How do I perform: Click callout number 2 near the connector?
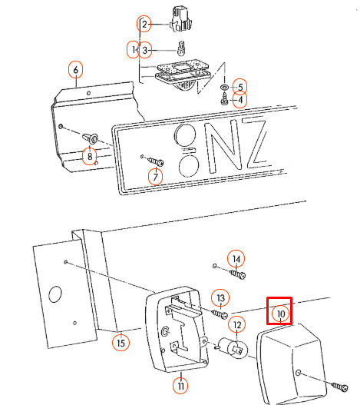(x=144, y=24)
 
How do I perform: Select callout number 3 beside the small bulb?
(x=145, y=50)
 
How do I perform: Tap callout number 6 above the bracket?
(x=76, y=69)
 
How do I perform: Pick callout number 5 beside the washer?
(x=240, y=87)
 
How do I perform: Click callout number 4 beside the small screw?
(x=240, y=99)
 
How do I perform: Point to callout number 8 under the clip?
(x=90, y=156)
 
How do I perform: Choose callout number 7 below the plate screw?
(x=155, y=177)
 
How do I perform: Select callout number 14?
(x=236, y=259)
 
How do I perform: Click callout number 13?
(x=220, y=298)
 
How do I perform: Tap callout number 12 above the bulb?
(x=237, y=325)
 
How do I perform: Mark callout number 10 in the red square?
(x=281, y=314)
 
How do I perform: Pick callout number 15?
(x=121, y=343)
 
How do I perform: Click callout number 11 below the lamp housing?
(x=180, y=386)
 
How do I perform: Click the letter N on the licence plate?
(x=223, y=148)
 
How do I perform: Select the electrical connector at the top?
(x=182, y=18)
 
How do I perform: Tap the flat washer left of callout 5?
(x=224, y=87)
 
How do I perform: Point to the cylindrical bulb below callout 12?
(x=232, y=348)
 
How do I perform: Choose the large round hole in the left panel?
(x=55, y=294)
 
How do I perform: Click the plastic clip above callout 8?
(x=90, y=139)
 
